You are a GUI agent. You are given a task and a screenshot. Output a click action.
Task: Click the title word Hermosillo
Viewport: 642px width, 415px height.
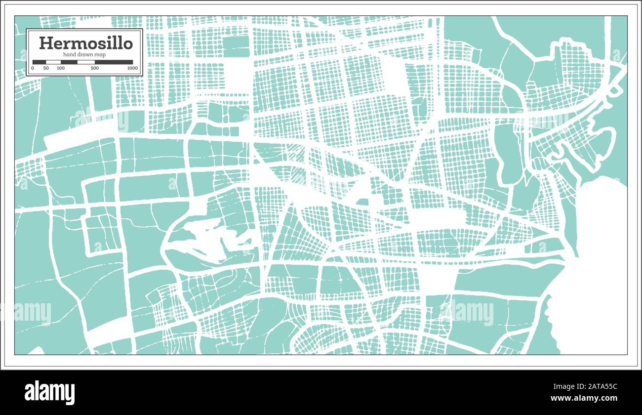(x=85, y=43)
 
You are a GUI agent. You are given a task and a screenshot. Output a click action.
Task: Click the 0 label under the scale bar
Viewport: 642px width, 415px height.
(x=33, y=68)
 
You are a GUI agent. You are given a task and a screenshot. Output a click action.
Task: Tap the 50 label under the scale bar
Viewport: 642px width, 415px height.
(x=46, y=68)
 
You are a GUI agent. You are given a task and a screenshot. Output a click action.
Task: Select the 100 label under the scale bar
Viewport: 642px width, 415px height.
(x=61, y=68)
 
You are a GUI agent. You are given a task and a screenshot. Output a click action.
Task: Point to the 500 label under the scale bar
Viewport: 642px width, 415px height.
(x=95, y=68)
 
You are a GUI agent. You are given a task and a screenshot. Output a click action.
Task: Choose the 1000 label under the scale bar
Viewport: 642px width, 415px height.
(x=132, y=68)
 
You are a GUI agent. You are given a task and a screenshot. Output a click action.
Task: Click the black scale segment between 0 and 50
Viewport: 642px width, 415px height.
(x=39, y=62)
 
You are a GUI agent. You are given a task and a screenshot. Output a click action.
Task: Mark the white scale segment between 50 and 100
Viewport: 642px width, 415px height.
(x=53, y=62)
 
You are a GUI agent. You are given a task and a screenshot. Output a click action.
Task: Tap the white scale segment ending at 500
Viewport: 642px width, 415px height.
(x=86, y=62)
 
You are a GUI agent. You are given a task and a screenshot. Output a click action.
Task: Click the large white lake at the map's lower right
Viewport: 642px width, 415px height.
(x=593, y=287)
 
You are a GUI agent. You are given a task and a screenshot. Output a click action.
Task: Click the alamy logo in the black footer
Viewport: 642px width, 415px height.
(x=50, y=393)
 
